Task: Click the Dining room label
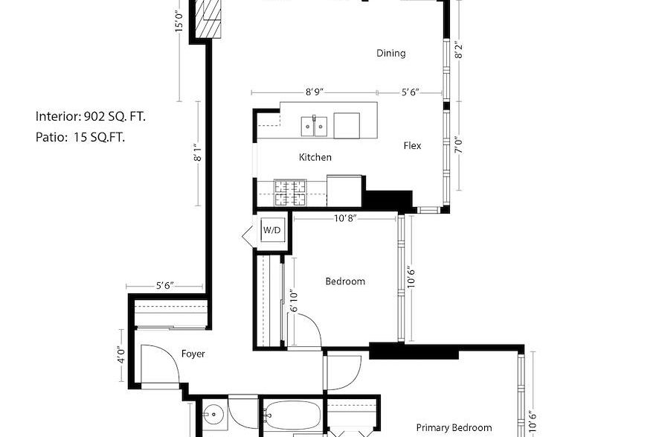coord(390,53)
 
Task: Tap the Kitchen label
coord(315,157)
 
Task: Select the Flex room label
coord(412,146)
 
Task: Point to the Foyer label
coord(193,354)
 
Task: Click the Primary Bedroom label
coord(454,428)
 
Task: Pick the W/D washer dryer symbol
coord(271,230)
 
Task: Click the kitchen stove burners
coord(290,193)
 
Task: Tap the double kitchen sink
coord(314,127)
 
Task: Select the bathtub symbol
coord(292,415)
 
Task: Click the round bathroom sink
coord(213,415)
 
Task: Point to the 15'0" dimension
coord(179,22)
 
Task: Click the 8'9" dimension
coord(314,92)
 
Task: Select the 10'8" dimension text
coord(345,218)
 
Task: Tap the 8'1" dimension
coord(198,153)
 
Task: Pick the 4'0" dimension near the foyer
coord(121,355)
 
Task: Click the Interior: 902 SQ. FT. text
coord(91,116)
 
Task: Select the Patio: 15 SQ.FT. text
coord(80,137)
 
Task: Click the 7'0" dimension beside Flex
coord(459,146)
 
